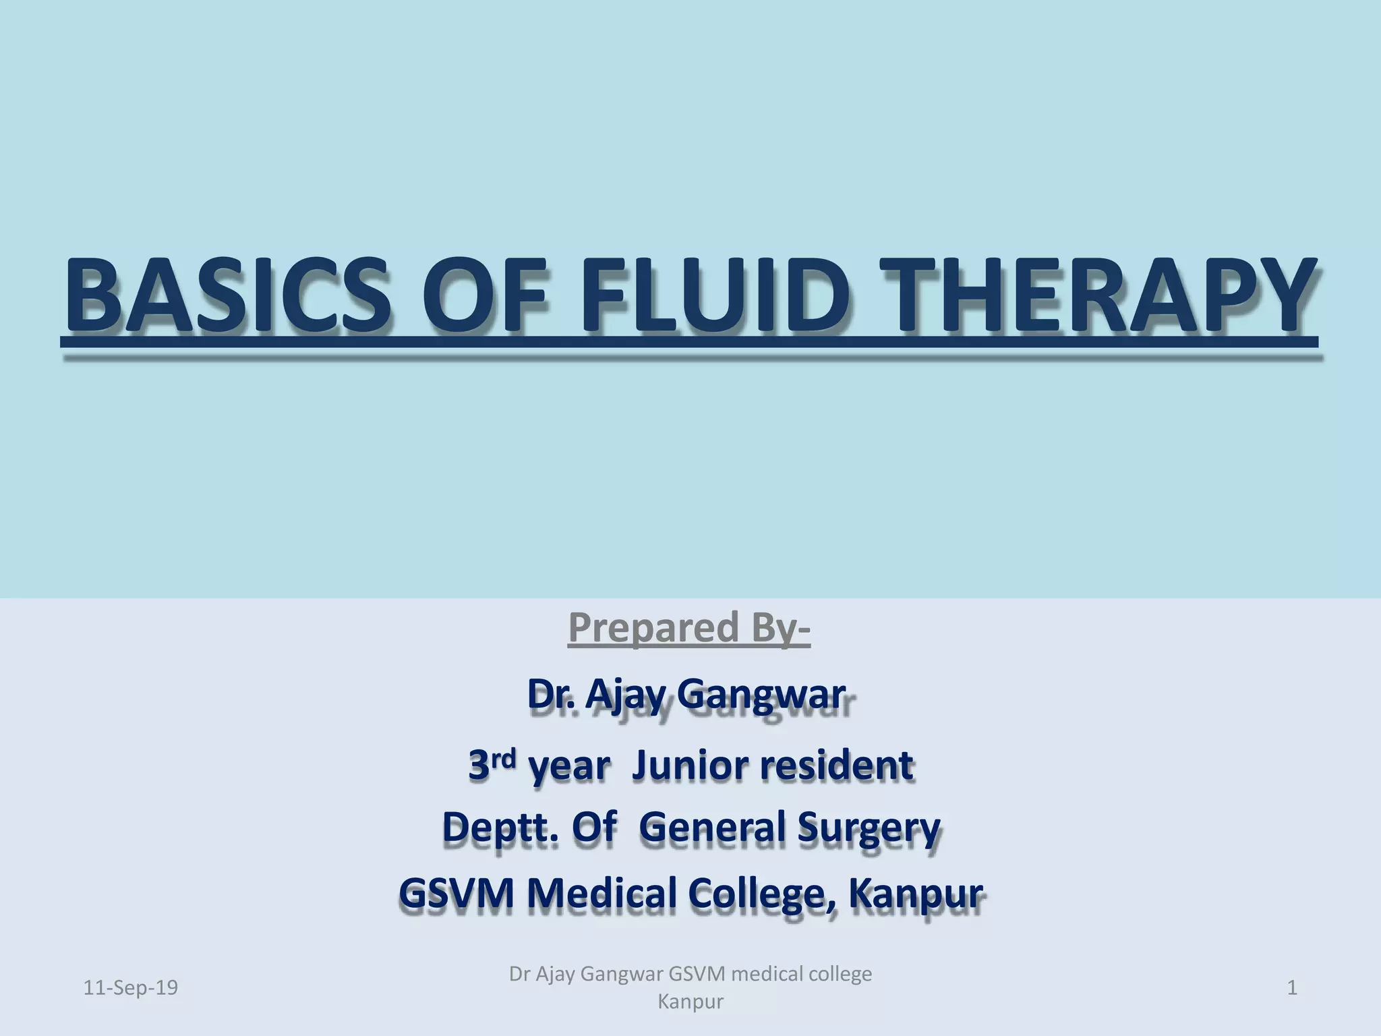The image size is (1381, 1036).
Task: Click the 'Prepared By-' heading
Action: click(689, 627)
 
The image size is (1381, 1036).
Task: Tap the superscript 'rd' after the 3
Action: click(502, 759)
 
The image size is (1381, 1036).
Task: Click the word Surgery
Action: click(869, 828)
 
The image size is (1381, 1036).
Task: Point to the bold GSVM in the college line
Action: click(456, 893)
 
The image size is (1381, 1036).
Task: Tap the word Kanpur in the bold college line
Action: click(915, 894)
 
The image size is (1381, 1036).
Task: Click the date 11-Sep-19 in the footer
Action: click(130, 987)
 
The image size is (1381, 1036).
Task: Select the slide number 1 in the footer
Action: click(1292, 987)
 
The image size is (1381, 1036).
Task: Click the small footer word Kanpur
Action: click(690, 1002)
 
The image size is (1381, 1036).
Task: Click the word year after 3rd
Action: click(568, 768)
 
